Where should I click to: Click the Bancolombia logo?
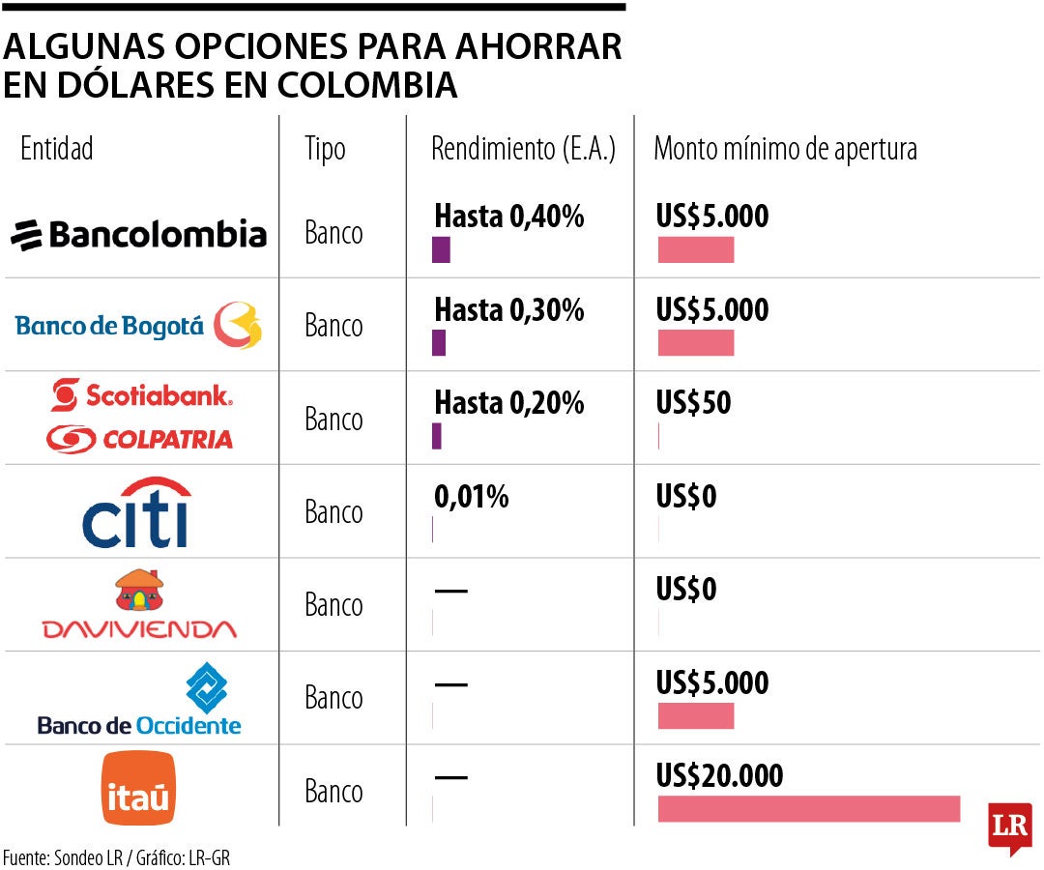tap(138, 234)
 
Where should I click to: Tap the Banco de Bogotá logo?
tap(138, 326)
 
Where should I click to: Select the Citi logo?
tap(136, 512)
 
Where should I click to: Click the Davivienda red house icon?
tap(139, 591)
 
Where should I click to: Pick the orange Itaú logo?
tap(138, 789)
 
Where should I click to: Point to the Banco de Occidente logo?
tap(139, 699)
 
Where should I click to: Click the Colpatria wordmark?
tap(139, 439)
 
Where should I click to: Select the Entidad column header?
tap(57, 149)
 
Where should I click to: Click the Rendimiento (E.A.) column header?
tap(523, 149)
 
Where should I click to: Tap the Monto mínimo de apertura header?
tap(785, 149)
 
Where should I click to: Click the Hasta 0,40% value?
tap(509, 217)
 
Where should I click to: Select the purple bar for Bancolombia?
tap(441, 249)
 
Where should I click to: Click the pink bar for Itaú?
tap(808, 809)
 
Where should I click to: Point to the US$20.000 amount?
tap(719, 775)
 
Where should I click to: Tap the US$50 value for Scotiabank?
tap(693, 403)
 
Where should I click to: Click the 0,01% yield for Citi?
tap(471, 497)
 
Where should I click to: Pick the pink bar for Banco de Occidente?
tap(696, 716)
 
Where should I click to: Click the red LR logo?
tap(1009, 826)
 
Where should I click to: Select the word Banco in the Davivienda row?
tap(333, 606)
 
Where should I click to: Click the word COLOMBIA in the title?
tap(367, 85)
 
